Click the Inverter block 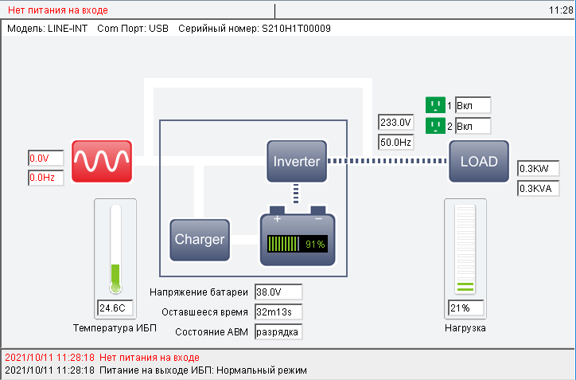point(297,161)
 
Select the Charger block point(200,239)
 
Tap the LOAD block point(478,162)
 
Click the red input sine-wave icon point(102,161)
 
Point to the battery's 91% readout point(315,245)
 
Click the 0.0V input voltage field point(45,159)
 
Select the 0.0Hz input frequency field point(45,178)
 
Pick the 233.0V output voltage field point(395,123)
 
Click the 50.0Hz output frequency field point(395,142)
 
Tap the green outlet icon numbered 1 point(435,105)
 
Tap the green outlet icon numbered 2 point(435,126)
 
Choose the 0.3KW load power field point(538,169)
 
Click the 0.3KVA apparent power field point(538,189)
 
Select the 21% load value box point(466,308)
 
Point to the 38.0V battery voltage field point(278,292)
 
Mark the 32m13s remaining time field point(278,311)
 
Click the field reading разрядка point(278,331)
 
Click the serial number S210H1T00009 point(296,29)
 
